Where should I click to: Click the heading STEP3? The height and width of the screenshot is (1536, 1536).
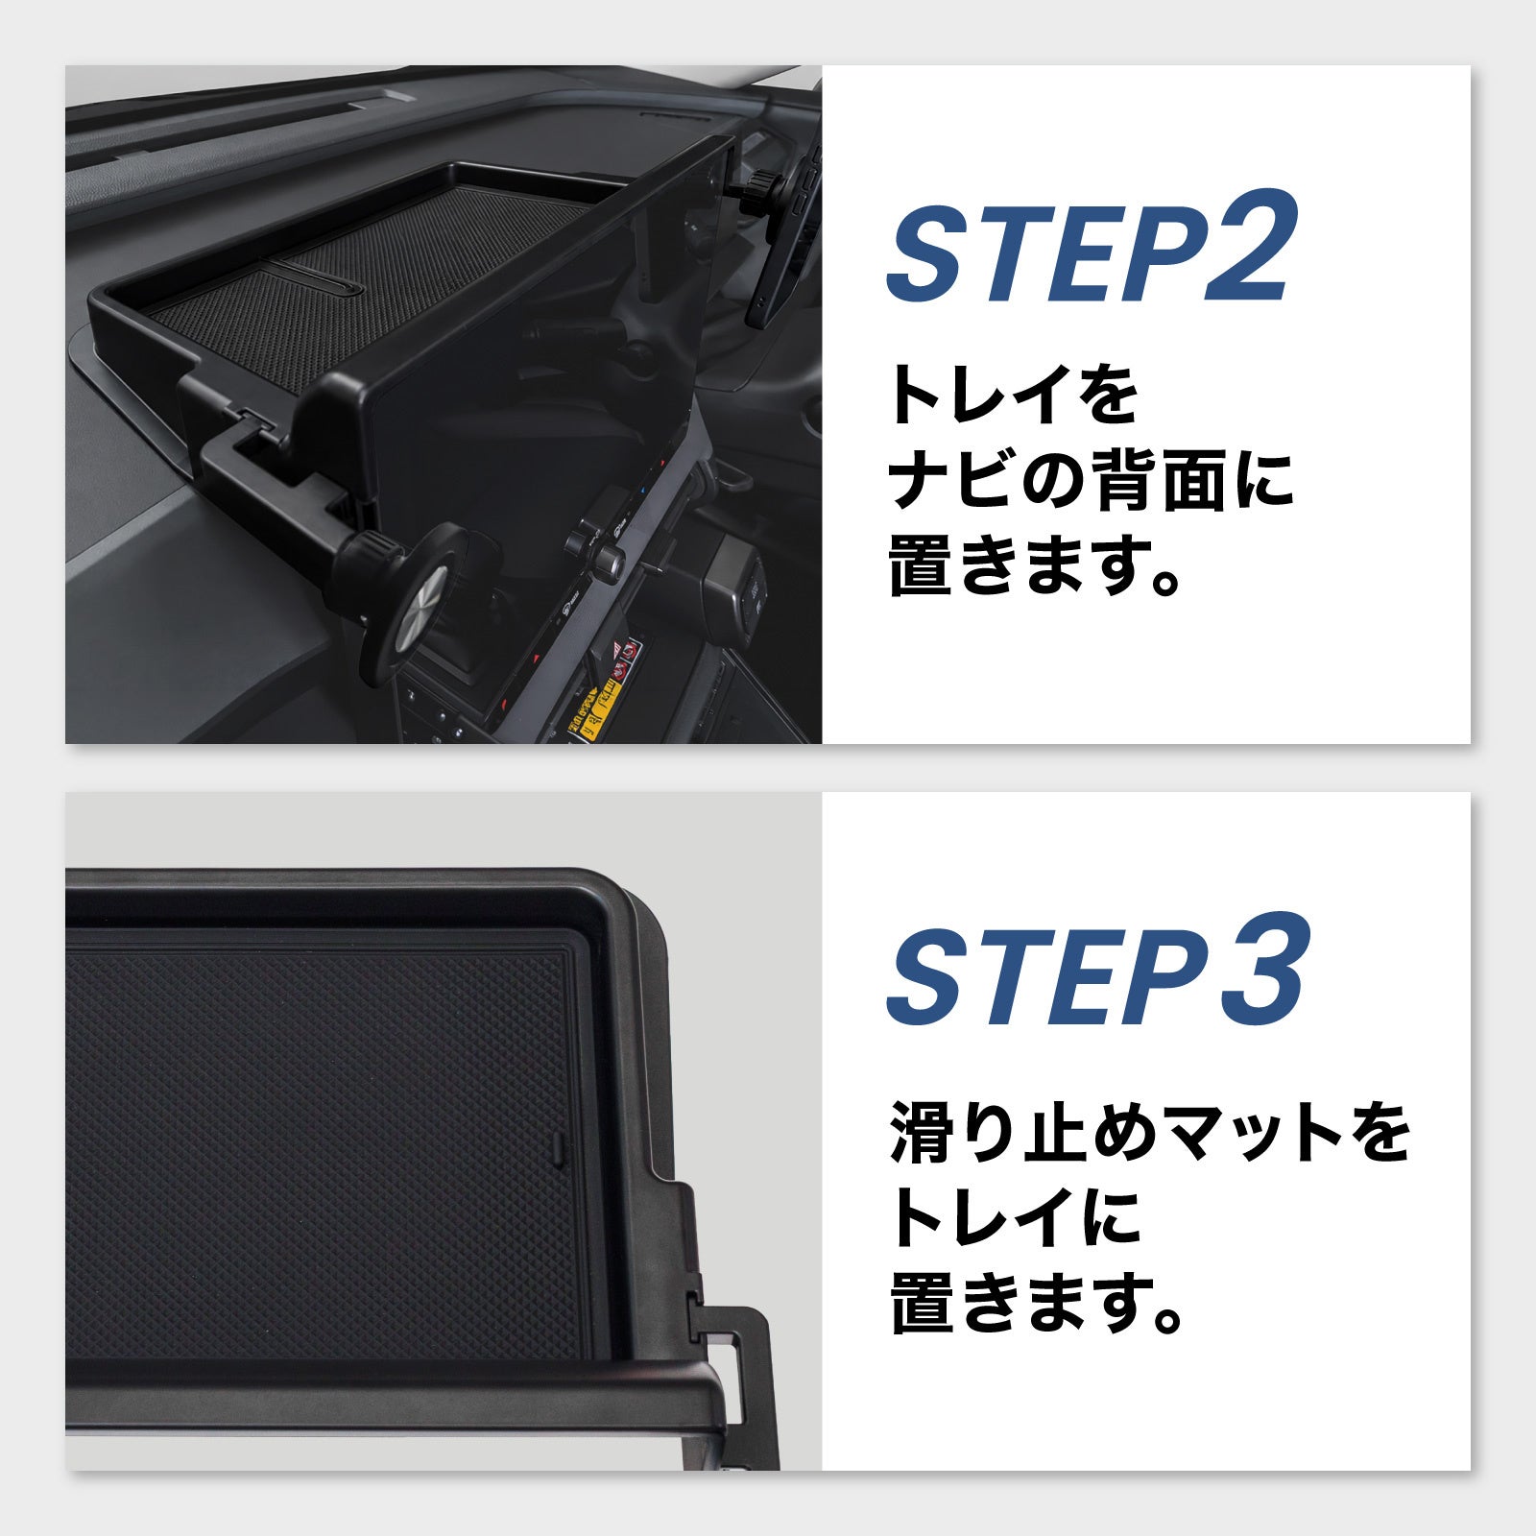1094,969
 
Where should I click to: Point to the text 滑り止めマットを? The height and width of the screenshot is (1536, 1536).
1149,1133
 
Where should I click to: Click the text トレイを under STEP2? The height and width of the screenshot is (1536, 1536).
1014,394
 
